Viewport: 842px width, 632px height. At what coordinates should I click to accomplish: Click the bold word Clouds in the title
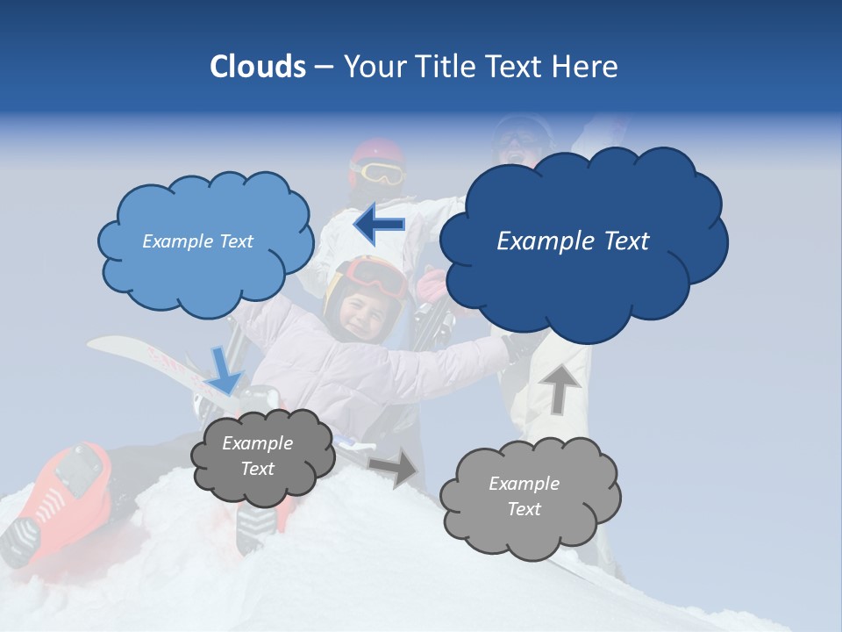(257, 67)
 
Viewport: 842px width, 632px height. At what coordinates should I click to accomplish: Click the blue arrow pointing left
(379, 226)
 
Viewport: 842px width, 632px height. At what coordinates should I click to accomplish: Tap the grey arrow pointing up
(560, 387)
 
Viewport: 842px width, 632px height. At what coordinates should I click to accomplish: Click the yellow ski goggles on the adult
(379, 173)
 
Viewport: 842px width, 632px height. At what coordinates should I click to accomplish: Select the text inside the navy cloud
(573, 241)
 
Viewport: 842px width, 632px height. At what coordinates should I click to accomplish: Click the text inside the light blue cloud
(197, 241)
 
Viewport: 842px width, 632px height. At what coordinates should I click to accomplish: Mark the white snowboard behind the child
(140, 355)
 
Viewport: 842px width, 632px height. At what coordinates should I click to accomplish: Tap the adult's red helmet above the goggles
(375, 150)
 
